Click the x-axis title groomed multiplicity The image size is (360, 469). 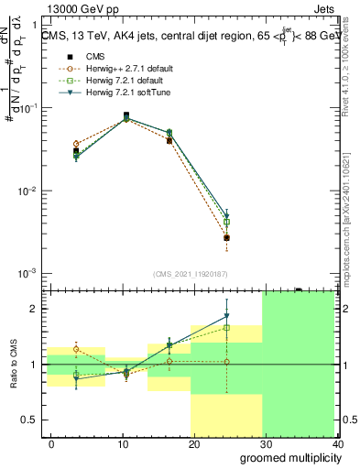click(287, 457)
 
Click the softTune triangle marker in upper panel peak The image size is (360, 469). click(126, 118)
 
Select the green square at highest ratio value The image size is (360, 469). click(226, 327)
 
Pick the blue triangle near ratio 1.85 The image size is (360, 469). click(226, 317)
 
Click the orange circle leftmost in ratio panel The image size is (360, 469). click(77, 349)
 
